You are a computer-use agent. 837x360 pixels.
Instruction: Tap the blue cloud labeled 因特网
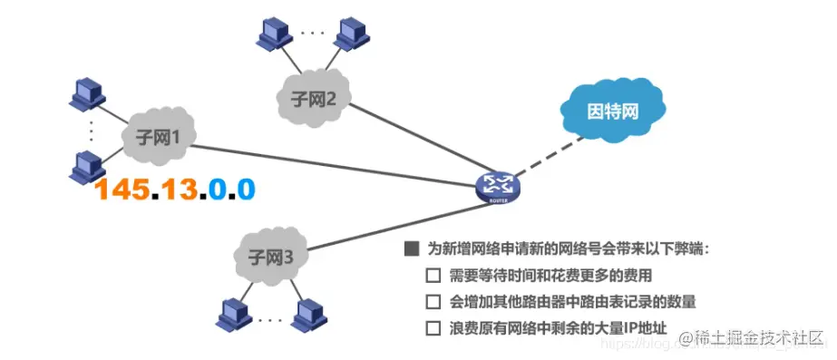[613, 112]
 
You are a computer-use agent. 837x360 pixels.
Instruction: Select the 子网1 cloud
[159, 137]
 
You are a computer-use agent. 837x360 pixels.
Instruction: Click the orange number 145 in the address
[122, 189]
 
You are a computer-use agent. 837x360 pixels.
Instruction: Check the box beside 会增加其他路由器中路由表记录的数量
[433, 301]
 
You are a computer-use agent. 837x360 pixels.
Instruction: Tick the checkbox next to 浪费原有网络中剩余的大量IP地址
[433, 327]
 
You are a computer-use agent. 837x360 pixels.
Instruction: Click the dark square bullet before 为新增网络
[412, 248]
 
